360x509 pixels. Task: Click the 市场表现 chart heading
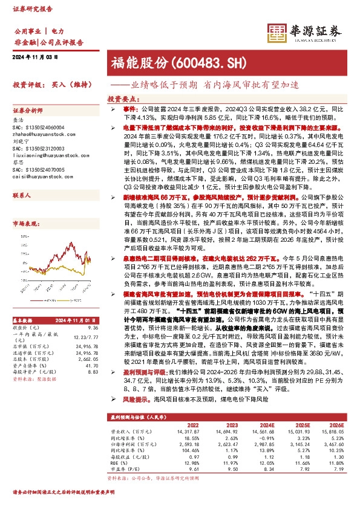(24, 223)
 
